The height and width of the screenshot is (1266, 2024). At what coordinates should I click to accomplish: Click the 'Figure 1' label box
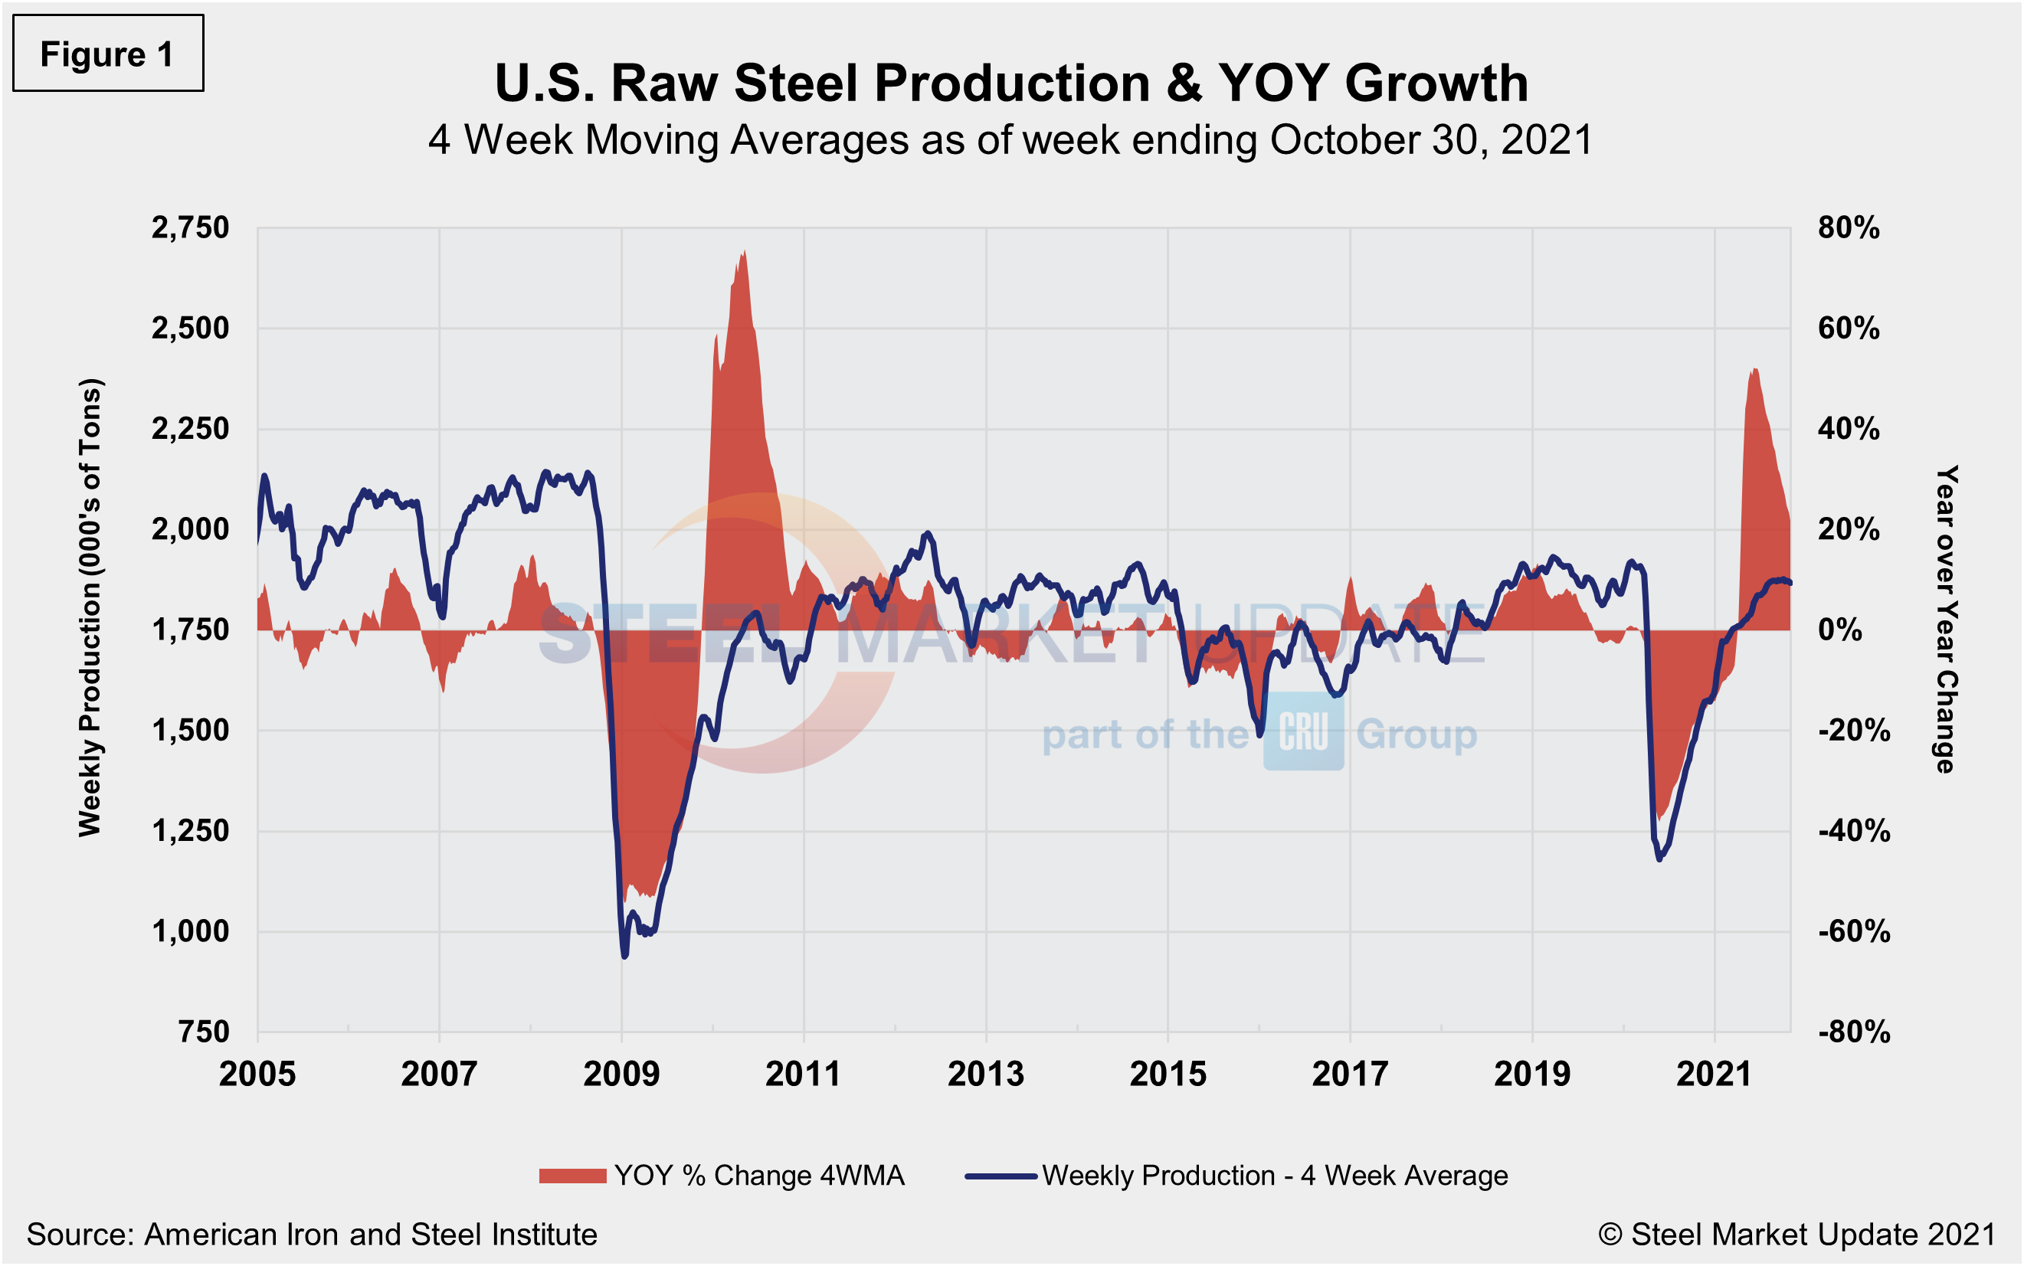(x=107, y=54)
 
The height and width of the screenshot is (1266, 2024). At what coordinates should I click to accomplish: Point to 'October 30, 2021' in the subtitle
(x=1431, y=140)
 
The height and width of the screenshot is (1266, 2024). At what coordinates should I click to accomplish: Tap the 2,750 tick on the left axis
(x=190, y=227)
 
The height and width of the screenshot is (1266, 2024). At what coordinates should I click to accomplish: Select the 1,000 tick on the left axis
(x=190, y=931)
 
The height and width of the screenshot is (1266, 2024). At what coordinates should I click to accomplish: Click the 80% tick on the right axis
(x=1848, y=227)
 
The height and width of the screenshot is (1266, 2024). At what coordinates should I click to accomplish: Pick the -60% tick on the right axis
(x=1853, y=931)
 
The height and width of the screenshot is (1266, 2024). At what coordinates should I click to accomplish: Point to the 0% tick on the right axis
(x=1840, y=630)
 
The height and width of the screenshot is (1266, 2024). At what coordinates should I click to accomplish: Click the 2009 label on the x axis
(x=621, y=1075)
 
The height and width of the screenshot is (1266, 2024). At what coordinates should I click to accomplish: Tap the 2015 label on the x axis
(x=1168, y=1075)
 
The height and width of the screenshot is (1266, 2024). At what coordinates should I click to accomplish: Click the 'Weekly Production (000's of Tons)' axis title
(x=90, y=608)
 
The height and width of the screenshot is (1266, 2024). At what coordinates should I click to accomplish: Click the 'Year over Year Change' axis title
(x=1946, y=620)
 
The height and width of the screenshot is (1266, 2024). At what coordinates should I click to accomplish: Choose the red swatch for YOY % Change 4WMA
(x=573, y=1176)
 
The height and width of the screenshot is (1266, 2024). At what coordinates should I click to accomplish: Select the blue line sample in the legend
(x=1001, y=1176)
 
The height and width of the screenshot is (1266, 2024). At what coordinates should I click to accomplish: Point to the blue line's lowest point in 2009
(x=624, y=955)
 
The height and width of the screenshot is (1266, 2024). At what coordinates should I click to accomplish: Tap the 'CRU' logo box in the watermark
(x=1303, y=733)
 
